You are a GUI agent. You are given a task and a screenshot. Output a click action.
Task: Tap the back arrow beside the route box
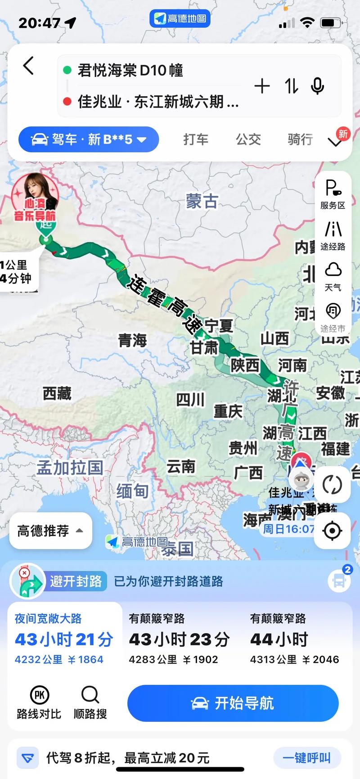[28, 66]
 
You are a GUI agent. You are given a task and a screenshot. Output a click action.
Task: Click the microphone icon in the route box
[317, 86]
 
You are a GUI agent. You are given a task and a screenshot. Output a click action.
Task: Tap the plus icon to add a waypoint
[262, 86]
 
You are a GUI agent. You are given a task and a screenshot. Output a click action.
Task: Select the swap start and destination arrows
[291, 86]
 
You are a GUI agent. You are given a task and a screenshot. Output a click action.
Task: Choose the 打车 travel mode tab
[196, 140]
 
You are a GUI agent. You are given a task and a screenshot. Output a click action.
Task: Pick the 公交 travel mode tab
[248, 140]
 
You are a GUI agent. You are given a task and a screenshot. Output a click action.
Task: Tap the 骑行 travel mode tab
[300, 140]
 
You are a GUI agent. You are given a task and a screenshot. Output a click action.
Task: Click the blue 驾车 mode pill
[89, 140]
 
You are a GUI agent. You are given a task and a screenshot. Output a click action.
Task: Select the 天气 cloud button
[333, 276]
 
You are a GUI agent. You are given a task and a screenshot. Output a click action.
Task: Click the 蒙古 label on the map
[202, 201]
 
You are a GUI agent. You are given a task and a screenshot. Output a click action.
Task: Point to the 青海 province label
[132, 340]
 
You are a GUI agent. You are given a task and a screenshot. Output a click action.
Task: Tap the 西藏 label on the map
[57, 394]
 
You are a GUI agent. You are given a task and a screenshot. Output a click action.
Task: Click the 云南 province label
[181, 467]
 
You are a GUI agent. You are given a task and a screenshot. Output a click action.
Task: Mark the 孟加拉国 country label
[70, 468]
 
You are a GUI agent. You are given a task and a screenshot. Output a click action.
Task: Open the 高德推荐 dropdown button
[50, 531]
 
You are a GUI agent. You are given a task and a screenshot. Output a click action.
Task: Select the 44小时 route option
[294, 639]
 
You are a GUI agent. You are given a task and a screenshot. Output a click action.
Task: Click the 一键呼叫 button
[306, 758]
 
